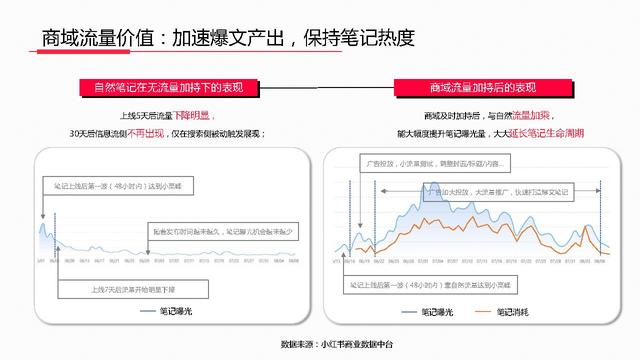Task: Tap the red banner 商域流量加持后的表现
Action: click(480, 87)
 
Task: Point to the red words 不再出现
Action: click(141, 132)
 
